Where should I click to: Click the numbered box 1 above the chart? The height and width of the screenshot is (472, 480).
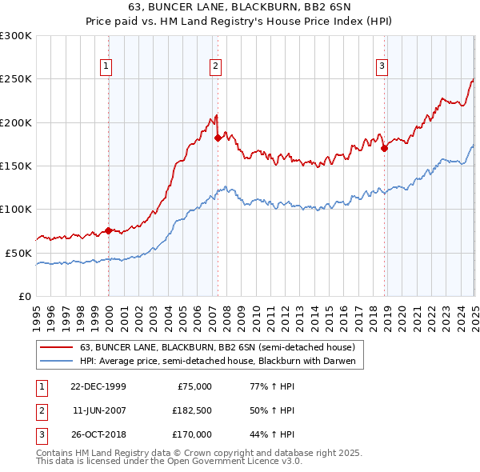click(x=106, y=66)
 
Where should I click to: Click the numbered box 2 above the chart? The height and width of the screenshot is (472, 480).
click(x=216, y=66)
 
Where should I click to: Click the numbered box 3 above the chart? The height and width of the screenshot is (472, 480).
click(x=382, y=66)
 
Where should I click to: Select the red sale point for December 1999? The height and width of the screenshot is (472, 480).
click(x=109, y=231)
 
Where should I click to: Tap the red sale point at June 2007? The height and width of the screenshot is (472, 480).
click(x=218, y=138)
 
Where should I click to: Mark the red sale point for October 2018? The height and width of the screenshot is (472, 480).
click(x=384, y=148)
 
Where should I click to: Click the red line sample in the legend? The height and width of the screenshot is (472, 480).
click(x=57, y=347)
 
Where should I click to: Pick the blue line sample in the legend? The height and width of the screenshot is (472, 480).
click(x=57, y=361)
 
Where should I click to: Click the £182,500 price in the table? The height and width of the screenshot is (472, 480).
click(x=192, y=410)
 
